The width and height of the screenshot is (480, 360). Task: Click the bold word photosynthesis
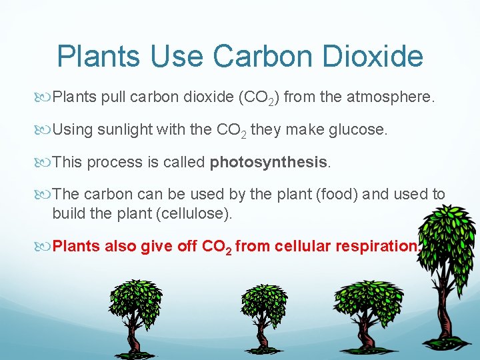tap(269, 162)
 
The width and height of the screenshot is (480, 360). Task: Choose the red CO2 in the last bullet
tap(216, 247)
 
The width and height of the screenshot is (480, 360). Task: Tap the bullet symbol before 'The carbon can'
tap(45, 194)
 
